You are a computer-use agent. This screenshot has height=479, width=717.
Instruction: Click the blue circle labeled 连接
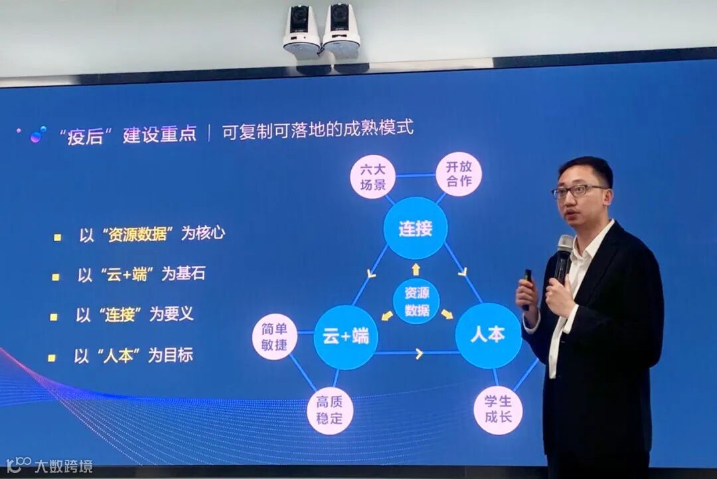coord(416,228)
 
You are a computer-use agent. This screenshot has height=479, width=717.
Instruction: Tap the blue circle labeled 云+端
coord(345,337)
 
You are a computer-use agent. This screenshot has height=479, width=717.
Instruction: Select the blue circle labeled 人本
coord(488,335)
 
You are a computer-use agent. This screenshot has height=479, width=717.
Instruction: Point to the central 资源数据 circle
coord(416,301)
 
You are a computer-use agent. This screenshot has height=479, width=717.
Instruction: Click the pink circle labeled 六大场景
coord(372,177)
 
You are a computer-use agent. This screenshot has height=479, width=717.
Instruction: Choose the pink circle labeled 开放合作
coord(459,174)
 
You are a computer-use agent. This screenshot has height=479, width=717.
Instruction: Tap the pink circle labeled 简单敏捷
coord(274,337)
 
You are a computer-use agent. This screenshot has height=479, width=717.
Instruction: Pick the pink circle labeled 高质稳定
coord(330,411)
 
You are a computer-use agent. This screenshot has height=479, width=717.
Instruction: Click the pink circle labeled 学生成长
coord(498,410)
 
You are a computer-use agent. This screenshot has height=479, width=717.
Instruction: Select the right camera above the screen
coord(341,30)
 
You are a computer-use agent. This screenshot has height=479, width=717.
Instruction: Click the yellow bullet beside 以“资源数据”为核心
coord(57,237)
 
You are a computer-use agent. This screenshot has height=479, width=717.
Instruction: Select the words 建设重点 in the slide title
coord(159,134)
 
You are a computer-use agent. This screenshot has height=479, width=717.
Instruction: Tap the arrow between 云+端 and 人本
coord(419,353)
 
